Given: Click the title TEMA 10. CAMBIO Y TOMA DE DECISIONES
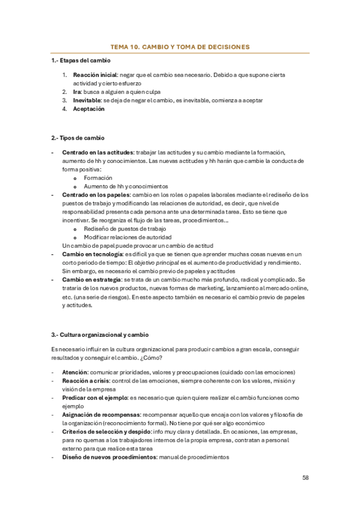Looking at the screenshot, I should [180, 46].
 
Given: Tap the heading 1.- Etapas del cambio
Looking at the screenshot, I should [81, 61].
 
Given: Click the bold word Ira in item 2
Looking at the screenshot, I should [76, 92].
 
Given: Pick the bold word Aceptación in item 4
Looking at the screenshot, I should [88, 109].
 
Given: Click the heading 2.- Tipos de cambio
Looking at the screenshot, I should [78, 138].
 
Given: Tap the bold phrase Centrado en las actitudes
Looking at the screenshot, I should [97, 152].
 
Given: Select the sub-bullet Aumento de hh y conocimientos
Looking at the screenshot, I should [126, 186].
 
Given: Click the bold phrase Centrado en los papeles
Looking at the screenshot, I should [96, 195].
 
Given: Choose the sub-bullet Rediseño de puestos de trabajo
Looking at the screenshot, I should [125, 229].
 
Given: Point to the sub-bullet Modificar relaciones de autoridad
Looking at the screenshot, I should [127, 238].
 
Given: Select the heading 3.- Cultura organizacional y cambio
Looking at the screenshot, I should [100, 334].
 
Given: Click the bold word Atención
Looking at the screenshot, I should [75, 372].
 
